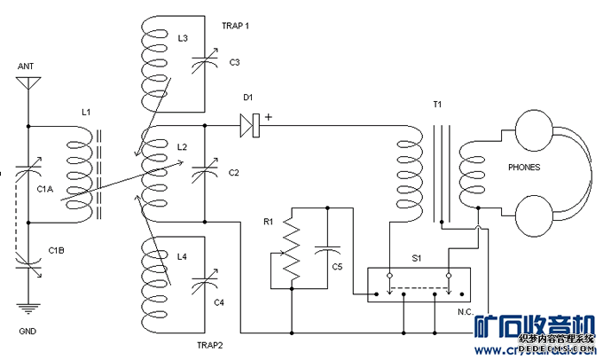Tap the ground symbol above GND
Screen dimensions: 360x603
click(x=28, y=308)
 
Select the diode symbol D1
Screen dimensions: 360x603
click(x=249, y=126)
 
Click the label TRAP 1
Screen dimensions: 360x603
click(x=235, y=26)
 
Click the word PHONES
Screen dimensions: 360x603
click(x=524, y=167)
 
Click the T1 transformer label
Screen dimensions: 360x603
click(x=437, y=105)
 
